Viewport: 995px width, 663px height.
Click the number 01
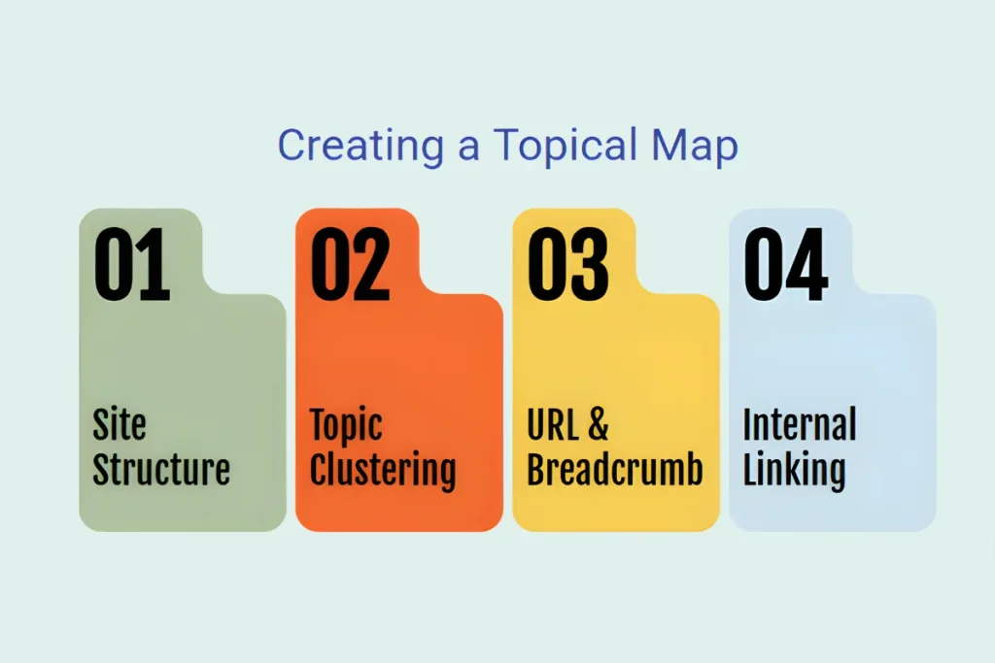click(x=131, y=263)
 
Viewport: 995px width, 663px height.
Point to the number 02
click(x=350, y=263)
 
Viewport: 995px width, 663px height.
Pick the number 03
click(x=567, y=263)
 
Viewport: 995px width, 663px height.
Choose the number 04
click(x=785, y=263)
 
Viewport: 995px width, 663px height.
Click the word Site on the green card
click(x=120, y=424)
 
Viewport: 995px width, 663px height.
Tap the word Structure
click(x=161, y=469)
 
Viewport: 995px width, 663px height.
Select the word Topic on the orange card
click(x=346, y=426)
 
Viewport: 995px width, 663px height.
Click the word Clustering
click(x=383, y=471)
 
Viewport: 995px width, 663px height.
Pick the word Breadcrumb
click(x=614, y=469)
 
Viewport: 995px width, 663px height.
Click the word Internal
click(x=800, y=424)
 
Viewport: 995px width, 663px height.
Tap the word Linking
click(x=794, y=471)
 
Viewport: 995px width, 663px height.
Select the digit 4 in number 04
click(x=807, y=263)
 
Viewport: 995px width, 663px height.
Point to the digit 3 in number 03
click(x=590, y=263)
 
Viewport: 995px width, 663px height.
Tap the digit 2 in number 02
click(x=372, y=263)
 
